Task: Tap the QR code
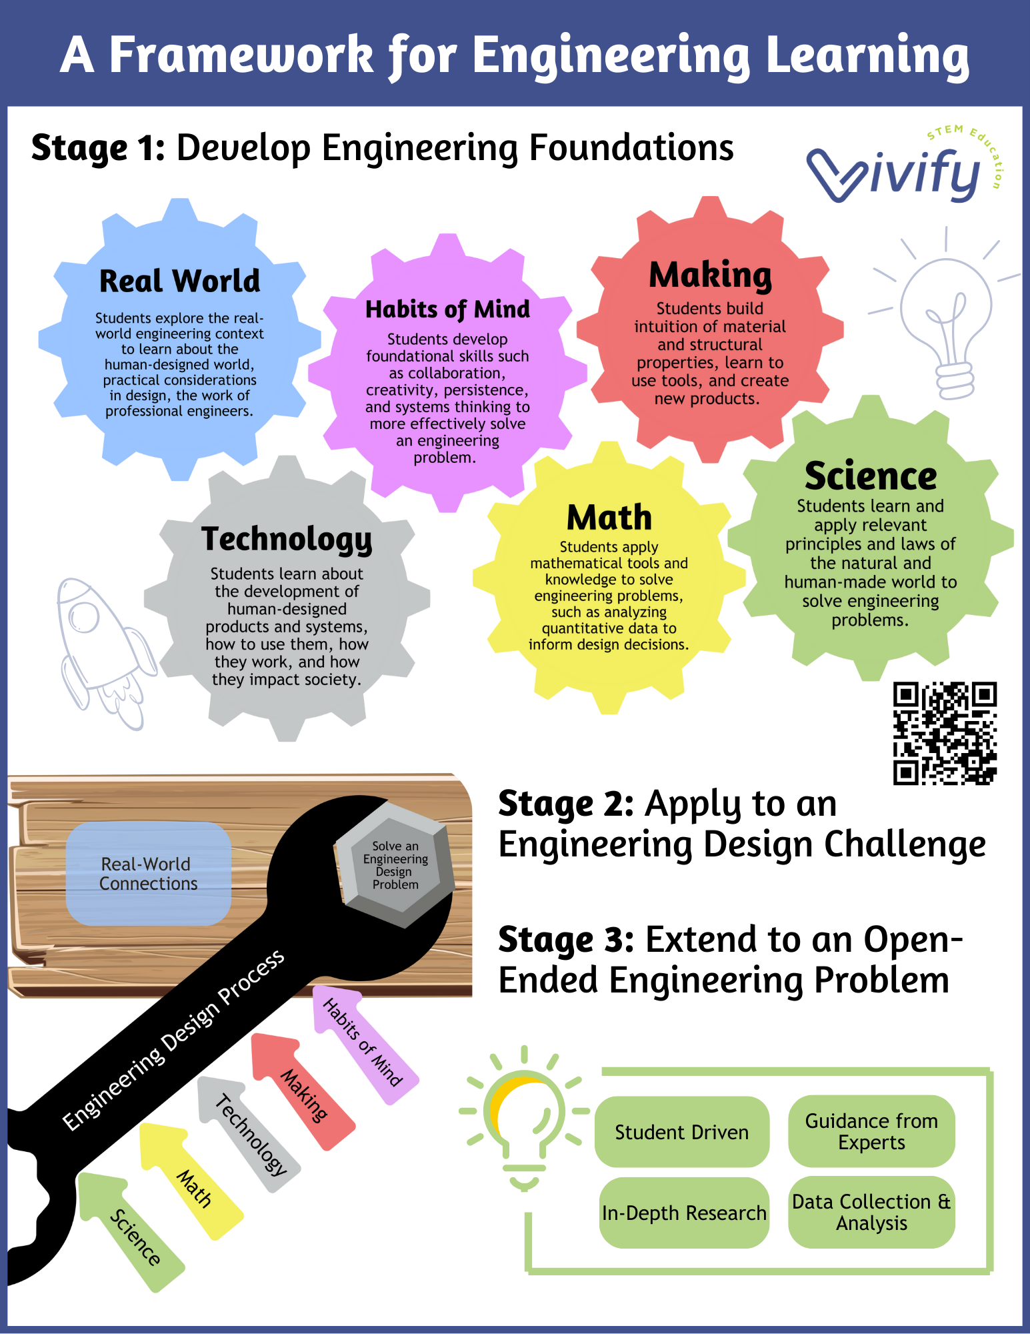tap(945, 732)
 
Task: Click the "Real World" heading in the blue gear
tap(179, 281)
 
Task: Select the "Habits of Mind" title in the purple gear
tap(447, 309)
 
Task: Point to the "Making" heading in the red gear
tap(710, 275)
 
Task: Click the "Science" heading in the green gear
tap(871, 476)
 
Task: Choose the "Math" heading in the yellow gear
tap(609, 518)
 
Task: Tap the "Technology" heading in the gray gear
tap(287, 539)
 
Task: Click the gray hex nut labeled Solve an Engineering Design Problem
tap(395, 864)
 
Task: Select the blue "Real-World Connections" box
tap(149, 874)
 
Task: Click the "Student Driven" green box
tap(681, 1132)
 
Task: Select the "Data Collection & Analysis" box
tap(871, 1212)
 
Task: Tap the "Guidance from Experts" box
tap(871, 1131)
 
